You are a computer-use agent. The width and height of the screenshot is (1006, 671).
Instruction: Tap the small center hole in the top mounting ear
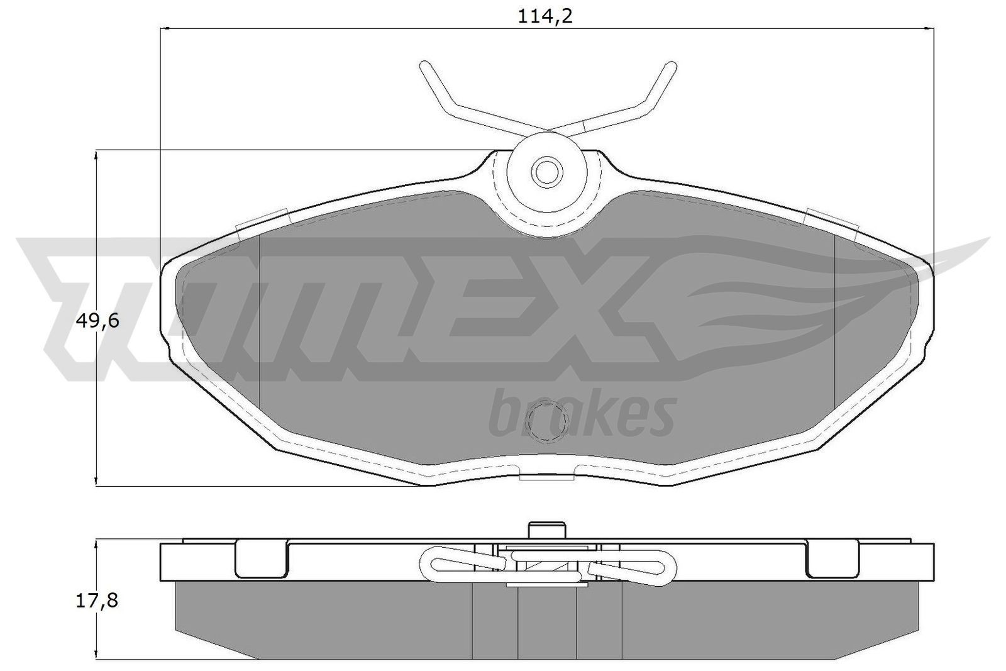click(x=546, y=170)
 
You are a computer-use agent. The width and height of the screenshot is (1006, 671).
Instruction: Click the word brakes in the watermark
click(x=582, y=415)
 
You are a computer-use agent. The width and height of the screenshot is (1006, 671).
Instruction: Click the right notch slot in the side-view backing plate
click(x=831, y=558)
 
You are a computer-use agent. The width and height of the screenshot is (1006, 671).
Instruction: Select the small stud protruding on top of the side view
click(x=546, y=530)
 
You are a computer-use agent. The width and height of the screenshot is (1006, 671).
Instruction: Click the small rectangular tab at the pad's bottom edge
click(x=546, y=477)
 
